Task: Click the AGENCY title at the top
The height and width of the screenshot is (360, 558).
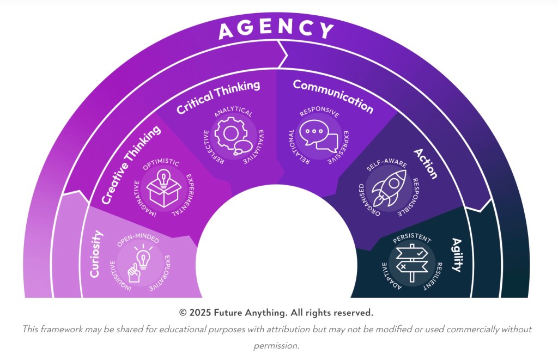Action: point(276,29)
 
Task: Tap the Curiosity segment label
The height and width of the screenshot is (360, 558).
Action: point(96,254)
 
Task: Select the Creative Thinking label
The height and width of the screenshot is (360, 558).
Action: point(131,164)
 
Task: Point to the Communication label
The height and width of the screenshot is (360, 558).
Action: point(333,96)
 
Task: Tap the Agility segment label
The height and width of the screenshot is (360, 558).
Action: point(457,254)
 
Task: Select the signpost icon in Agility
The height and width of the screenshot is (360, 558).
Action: point(412,263)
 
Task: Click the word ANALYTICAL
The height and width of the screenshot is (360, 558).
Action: point(234,112)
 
